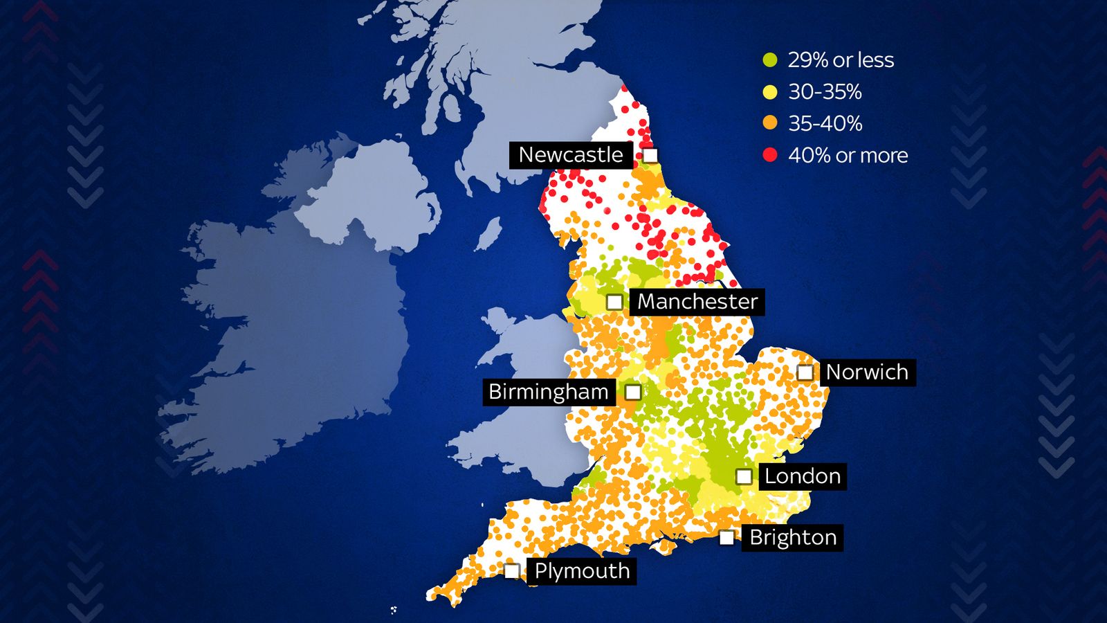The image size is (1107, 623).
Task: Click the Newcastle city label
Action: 571,155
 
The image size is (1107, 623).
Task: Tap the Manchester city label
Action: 697,302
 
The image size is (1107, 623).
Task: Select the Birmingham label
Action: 549,392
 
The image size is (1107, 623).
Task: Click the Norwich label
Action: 867,372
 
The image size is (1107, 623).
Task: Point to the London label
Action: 802,476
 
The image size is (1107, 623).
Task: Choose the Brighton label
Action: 793,538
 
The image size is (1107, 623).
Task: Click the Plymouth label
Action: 582,572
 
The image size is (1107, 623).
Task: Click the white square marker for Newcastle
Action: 650,155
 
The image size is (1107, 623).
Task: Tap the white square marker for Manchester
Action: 614,302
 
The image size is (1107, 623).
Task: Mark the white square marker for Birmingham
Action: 632,392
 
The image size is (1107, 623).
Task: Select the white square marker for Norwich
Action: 805,372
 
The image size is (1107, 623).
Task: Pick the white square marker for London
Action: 744,476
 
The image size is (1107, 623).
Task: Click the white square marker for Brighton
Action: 726,538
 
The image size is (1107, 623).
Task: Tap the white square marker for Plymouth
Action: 512,571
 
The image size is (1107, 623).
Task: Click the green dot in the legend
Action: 770,60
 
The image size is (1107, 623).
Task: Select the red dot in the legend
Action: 770,155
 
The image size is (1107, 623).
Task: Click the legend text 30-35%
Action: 825,92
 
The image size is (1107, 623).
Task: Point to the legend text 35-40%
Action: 825,124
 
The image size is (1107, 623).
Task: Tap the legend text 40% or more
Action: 848,156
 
